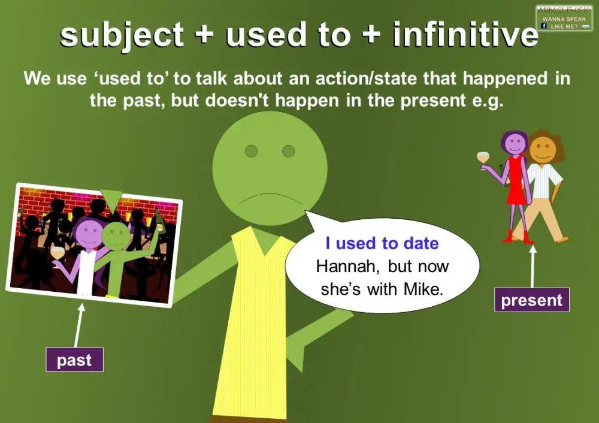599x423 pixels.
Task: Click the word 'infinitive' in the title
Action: click(x=465, y=35)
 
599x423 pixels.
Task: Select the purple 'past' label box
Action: click(x=74, y=359)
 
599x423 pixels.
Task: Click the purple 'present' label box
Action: click(x=531, y=300)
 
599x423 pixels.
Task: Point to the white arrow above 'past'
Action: click(x=78, y=326)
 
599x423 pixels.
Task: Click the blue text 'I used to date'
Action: click(x=382, y=244)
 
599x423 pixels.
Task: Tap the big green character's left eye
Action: click(x=251, y=150)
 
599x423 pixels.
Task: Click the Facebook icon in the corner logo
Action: click(x=543, y=26)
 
